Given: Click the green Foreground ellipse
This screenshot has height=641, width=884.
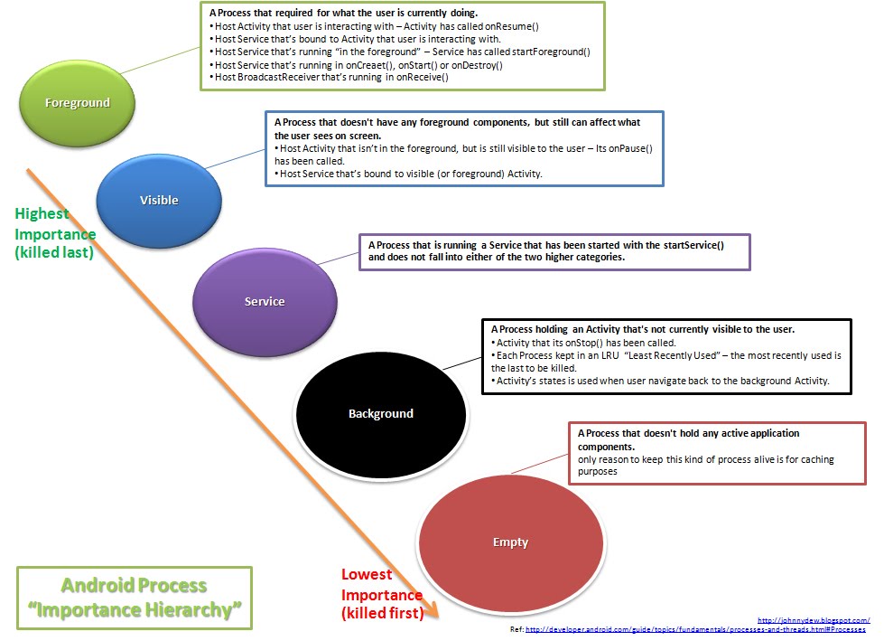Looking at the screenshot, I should pos(78,102).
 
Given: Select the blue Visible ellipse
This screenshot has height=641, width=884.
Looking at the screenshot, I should pos(159,199).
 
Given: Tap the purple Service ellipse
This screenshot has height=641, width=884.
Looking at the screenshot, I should pos(264,301).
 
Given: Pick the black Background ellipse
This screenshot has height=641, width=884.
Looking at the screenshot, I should pos(380,413).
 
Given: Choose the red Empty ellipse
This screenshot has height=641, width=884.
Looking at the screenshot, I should pos(510,542).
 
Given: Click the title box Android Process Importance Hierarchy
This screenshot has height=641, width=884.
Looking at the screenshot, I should pos(135,598).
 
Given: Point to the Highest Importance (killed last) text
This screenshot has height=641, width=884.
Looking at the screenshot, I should pos(55,233).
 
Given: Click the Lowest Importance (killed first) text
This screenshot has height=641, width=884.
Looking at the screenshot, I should pos(382,594).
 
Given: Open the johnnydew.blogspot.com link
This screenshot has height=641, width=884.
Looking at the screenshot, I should pos(814,620).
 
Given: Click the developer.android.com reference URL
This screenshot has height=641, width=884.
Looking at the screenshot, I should pos(694,629).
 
